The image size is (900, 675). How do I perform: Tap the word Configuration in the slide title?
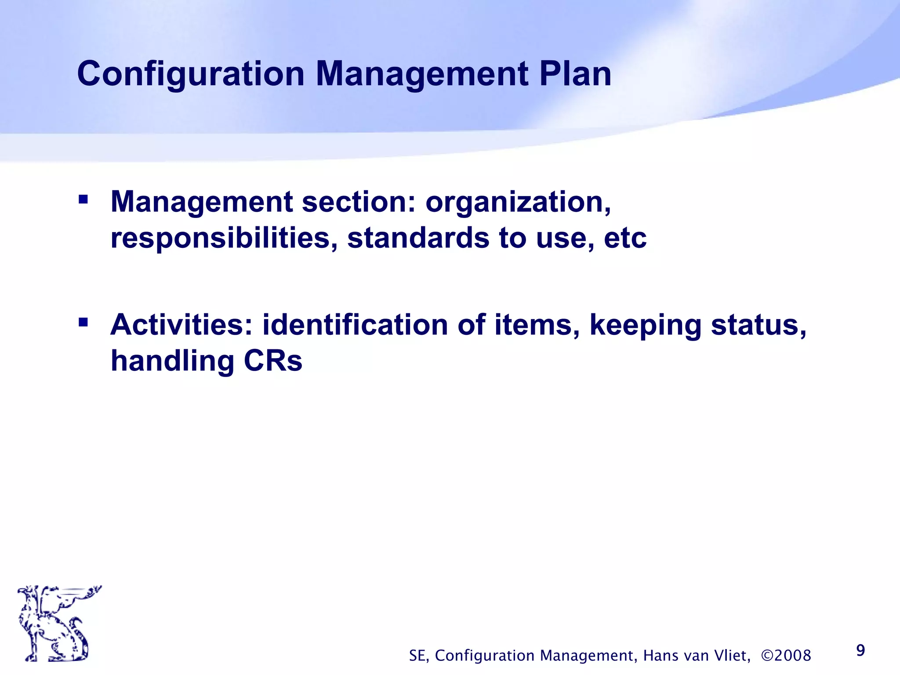click(x=190, y=74)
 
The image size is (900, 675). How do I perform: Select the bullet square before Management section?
click(x=83, y=200)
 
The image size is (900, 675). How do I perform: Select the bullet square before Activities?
click(x=83, y=323)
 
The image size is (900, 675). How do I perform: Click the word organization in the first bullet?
click(x=518, y=202)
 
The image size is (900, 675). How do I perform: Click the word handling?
click(x=172, y=361)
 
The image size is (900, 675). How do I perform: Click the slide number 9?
click(x=860, y=650)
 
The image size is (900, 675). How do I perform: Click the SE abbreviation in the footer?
click(x=418, y=656)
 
